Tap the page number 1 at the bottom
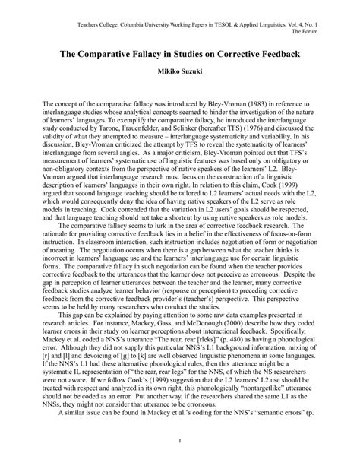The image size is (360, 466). click(x=180, y=440)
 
